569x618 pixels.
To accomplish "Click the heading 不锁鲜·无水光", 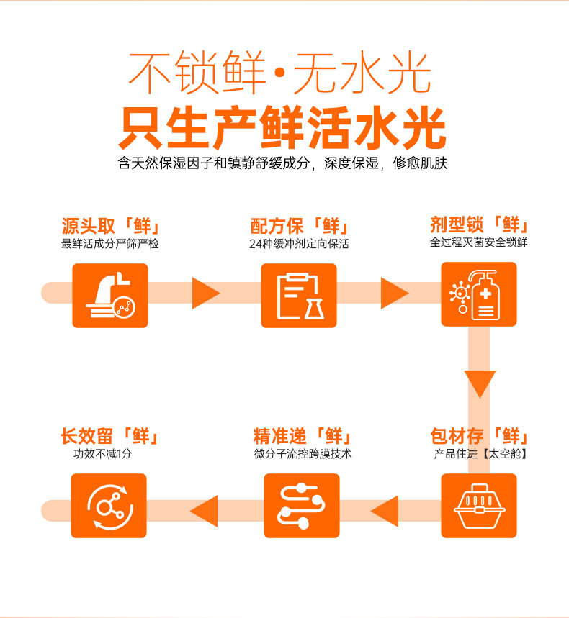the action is pyautogui.click(x=279, y=73).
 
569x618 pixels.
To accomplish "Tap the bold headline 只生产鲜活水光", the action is pyautogui.click(x=282, y=127).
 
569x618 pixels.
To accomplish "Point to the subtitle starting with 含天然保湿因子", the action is pyautogui.click(x=282, y=163).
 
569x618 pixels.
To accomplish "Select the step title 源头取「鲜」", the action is pyautogui.click(x=110, y=226).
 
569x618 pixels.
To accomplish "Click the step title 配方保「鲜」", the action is pyautogui.click(x=300, y=226).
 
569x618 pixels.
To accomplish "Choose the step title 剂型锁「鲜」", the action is pyautogui.click(x=479, y=224).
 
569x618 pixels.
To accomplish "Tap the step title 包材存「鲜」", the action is pyautogui.click(x=479, y=436).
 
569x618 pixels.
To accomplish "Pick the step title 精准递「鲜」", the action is pyautogui.click(x=303, y=436).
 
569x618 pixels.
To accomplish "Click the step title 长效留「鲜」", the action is pyautogui.click(x=109, y=436).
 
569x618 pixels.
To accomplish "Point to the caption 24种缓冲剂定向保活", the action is pyautogui.click(x=299, y=244).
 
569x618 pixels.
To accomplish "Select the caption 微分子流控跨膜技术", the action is pyautogui.click(x=303, y=454).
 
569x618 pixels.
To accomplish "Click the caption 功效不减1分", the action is pyautogui.click(x=102, y=454).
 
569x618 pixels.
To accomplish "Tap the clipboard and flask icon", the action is pyautogui.click(x=299, y=296).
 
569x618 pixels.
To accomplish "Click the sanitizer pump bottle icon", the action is pyautogui.click(x=479, y=294).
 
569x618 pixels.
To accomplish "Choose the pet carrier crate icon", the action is pyautogui.click(x=479, y=506).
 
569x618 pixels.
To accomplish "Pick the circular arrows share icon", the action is pyautogui.click(x=109, y=506).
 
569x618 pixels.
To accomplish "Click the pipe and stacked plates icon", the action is pyautogui.click(x=110, y=296).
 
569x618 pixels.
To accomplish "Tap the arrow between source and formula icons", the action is pyautogui.click(x=206, y=294).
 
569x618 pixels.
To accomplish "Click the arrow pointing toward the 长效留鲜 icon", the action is pyautogui.click(x=204, y=512).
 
